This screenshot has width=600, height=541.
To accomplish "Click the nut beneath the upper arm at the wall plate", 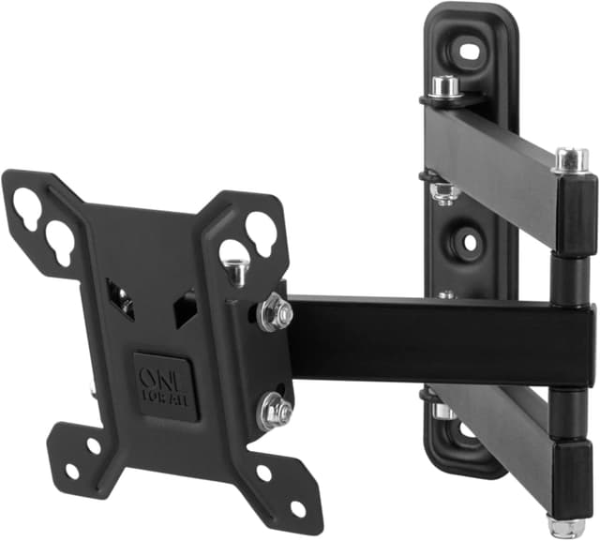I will pyautogui.click(x=445, y=191).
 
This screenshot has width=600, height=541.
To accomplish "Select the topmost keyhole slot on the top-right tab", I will pyautogui.click(x=260, y=226).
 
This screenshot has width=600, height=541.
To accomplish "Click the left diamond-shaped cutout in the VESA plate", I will pyautogui.click(x=120, y=298).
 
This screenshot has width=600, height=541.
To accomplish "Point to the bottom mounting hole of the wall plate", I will pyautogui.click(x=466, y=430).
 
